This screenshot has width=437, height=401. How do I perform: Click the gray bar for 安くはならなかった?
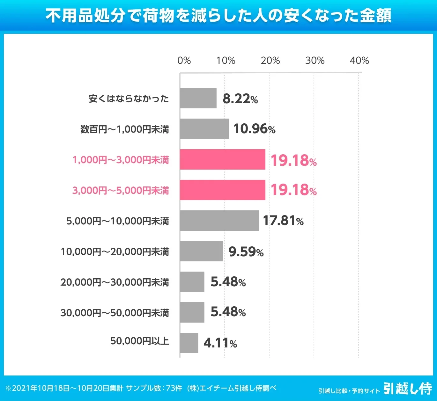point(198,98)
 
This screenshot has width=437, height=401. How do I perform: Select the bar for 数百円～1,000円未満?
point(204,129)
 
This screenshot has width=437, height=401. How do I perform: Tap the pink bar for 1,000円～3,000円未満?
point(222,159)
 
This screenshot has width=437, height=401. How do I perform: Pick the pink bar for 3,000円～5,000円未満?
point(222,190)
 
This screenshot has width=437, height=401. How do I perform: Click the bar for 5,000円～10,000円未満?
point(219,221)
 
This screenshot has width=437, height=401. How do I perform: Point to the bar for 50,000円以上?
point(189,343)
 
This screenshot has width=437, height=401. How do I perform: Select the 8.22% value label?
point(240,99)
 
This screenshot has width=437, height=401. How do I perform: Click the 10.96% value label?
point(254,129)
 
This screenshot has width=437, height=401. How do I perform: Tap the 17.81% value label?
point(283,221)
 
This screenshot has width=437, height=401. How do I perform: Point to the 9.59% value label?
point(246,252)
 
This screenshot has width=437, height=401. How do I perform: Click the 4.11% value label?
point(220,343)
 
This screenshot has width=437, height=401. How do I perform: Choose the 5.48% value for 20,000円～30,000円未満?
point(228,282)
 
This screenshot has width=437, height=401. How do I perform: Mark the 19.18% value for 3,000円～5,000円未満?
point(293,190)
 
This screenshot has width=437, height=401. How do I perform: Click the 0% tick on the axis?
point(184,61)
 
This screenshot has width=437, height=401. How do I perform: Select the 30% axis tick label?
point(315,61)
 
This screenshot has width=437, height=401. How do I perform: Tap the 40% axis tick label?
point(359,61)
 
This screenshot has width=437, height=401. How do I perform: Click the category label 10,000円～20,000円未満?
point(115,252)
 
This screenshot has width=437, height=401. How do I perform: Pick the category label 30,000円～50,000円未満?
point(115,313)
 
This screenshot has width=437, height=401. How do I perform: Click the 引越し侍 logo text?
point(408,389)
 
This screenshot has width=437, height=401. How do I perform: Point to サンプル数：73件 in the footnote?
point(154,388)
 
